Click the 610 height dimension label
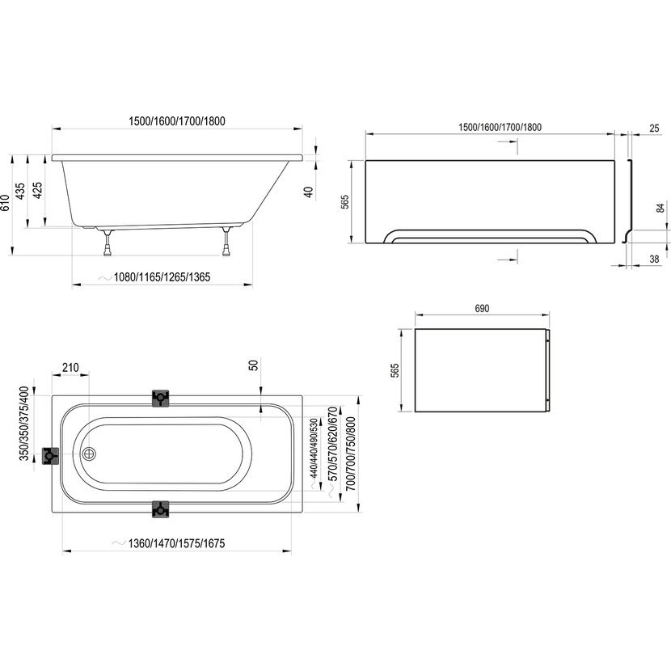(x=5, y=203)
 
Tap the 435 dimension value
(x=20, y=192)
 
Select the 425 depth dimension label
(x=38, y=191)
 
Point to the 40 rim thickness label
(x=308, y=192)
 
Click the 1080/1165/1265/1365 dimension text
(x=162, y=277)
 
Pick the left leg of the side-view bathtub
(x=107, y=243)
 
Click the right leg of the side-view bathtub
(x=226, y=242)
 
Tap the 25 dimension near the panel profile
(x=654, y=128)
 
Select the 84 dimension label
(x=660, y=209)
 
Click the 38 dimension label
(x=654, y=259)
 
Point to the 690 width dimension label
(x=482, y=309)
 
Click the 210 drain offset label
(x=70, y=368)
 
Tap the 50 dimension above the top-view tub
(x=253, y=365)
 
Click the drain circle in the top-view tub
(x=90, y=454)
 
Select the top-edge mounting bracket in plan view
(x=161, y=398)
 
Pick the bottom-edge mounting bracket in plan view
(x=161, y=509)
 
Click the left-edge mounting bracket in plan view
(x=50, y=456)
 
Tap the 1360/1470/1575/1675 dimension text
(x=177, y=543)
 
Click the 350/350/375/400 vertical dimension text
(x=24, y=424)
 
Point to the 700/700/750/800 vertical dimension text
(x=351, y=454)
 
